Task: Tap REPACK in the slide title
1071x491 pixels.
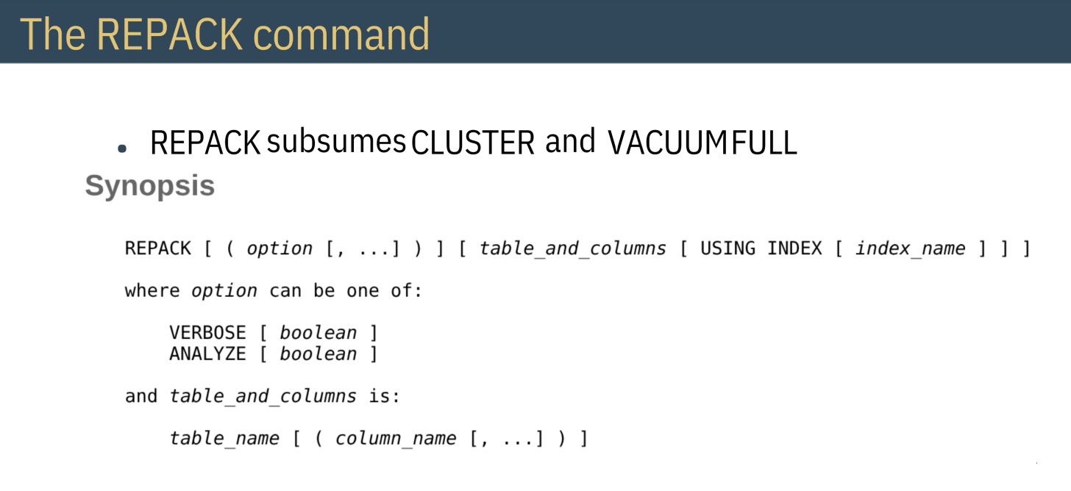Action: point(167,33)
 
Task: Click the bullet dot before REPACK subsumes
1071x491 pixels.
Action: point(122,148)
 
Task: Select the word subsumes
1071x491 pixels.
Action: point(336,142)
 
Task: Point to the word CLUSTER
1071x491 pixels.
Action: point(473,143)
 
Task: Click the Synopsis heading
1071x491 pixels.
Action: point(150,185)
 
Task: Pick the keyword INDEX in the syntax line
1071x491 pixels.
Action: point(794,248)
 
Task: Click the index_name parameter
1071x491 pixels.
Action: point(910,248)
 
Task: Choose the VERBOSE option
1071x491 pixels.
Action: point(207,333)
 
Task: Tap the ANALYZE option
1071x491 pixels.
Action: point(207,354)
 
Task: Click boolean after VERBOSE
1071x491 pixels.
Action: point(318,333)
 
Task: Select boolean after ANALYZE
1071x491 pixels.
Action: point(318,354)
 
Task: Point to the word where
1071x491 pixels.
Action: point(152,290)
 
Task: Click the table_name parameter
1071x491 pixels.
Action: point(224,439)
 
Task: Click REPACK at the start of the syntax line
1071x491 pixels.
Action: point(157,248)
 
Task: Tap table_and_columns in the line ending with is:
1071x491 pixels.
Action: point(263,396)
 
